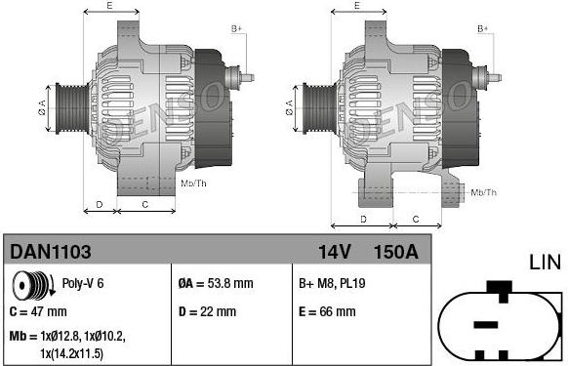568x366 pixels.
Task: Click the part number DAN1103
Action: click(51, 252)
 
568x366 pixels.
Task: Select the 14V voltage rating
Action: click(335, 252)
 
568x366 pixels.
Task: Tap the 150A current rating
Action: click(395, 252)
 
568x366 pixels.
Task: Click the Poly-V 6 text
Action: click(83, 283)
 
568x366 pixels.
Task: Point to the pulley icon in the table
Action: click(33, 285)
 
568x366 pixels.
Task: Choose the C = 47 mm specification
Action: click(38, 311)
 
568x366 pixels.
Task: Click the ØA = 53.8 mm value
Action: click(216, 283)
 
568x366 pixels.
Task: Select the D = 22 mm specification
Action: click(207, 311)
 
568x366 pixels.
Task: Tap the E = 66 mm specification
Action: click(327, 311)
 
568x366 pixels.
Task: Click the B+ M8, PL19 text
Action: click(332, 283)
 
